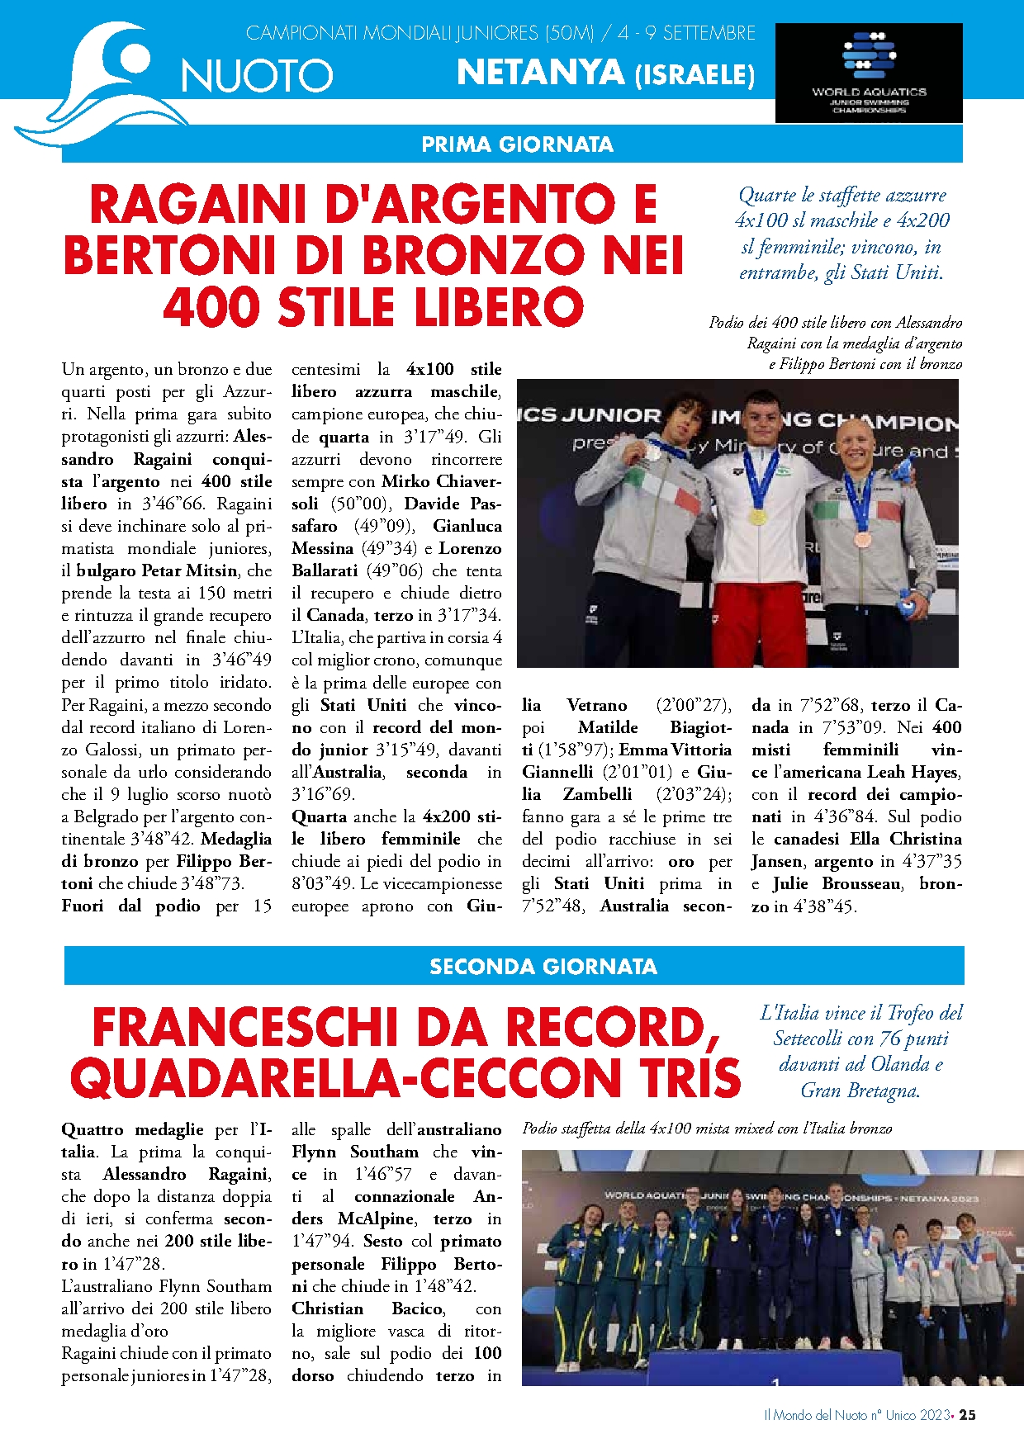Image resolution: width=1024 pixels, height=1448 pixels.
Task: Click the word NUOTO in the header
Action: pyautogui.click(x=257, y=77)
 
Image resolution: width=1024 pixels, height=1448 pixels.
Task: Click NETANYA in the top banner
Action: pyautogui.click(x=540, y=73)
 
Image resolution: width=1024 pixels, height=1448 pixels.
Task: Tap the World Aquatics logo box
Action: pyautogui.click(x=869, y=73)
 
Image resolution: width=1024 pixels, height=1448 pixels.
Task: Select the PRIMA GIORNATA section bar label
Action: pyautogui.click(x=517, y=144)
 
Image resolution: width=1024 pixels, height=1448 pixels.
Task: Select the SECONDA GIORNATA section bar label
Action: pyautogui.click(x=543, y=967)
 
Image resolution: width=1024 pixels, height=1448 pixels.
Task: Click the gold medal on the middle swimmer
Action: pyautogui.click(x=757, y=518)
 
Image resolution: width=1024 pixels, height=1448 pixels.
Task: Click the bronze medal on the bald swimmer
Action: pyautogui.click(x=861, y=540)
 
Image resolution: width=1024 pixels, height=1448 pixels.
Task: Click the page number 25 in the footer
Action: pyautogui.click(x=967, y=1414)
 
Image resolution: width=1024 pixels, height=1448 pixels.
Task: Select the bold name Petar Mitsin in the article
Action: pyautogui.click(x=189, y=570)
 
